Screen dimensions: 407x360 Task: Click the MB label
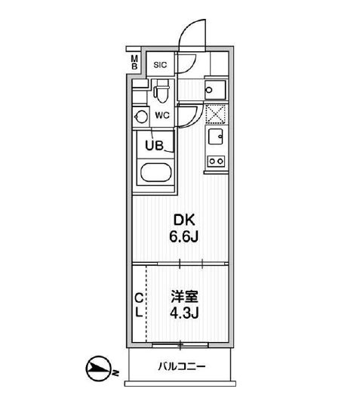point(134,63)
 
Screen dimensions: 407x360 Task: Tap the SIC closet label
point(159,65)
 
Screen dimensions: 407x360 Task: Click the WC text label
point(162,116)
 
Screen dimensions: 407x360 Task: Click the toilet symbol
point(159,94)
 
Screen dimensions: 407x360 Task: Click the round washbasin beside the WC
point(140,116)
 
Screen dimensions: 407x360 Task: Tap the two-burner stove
point(216,160)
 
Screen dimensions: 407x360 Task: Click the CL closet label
point(138,304)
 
